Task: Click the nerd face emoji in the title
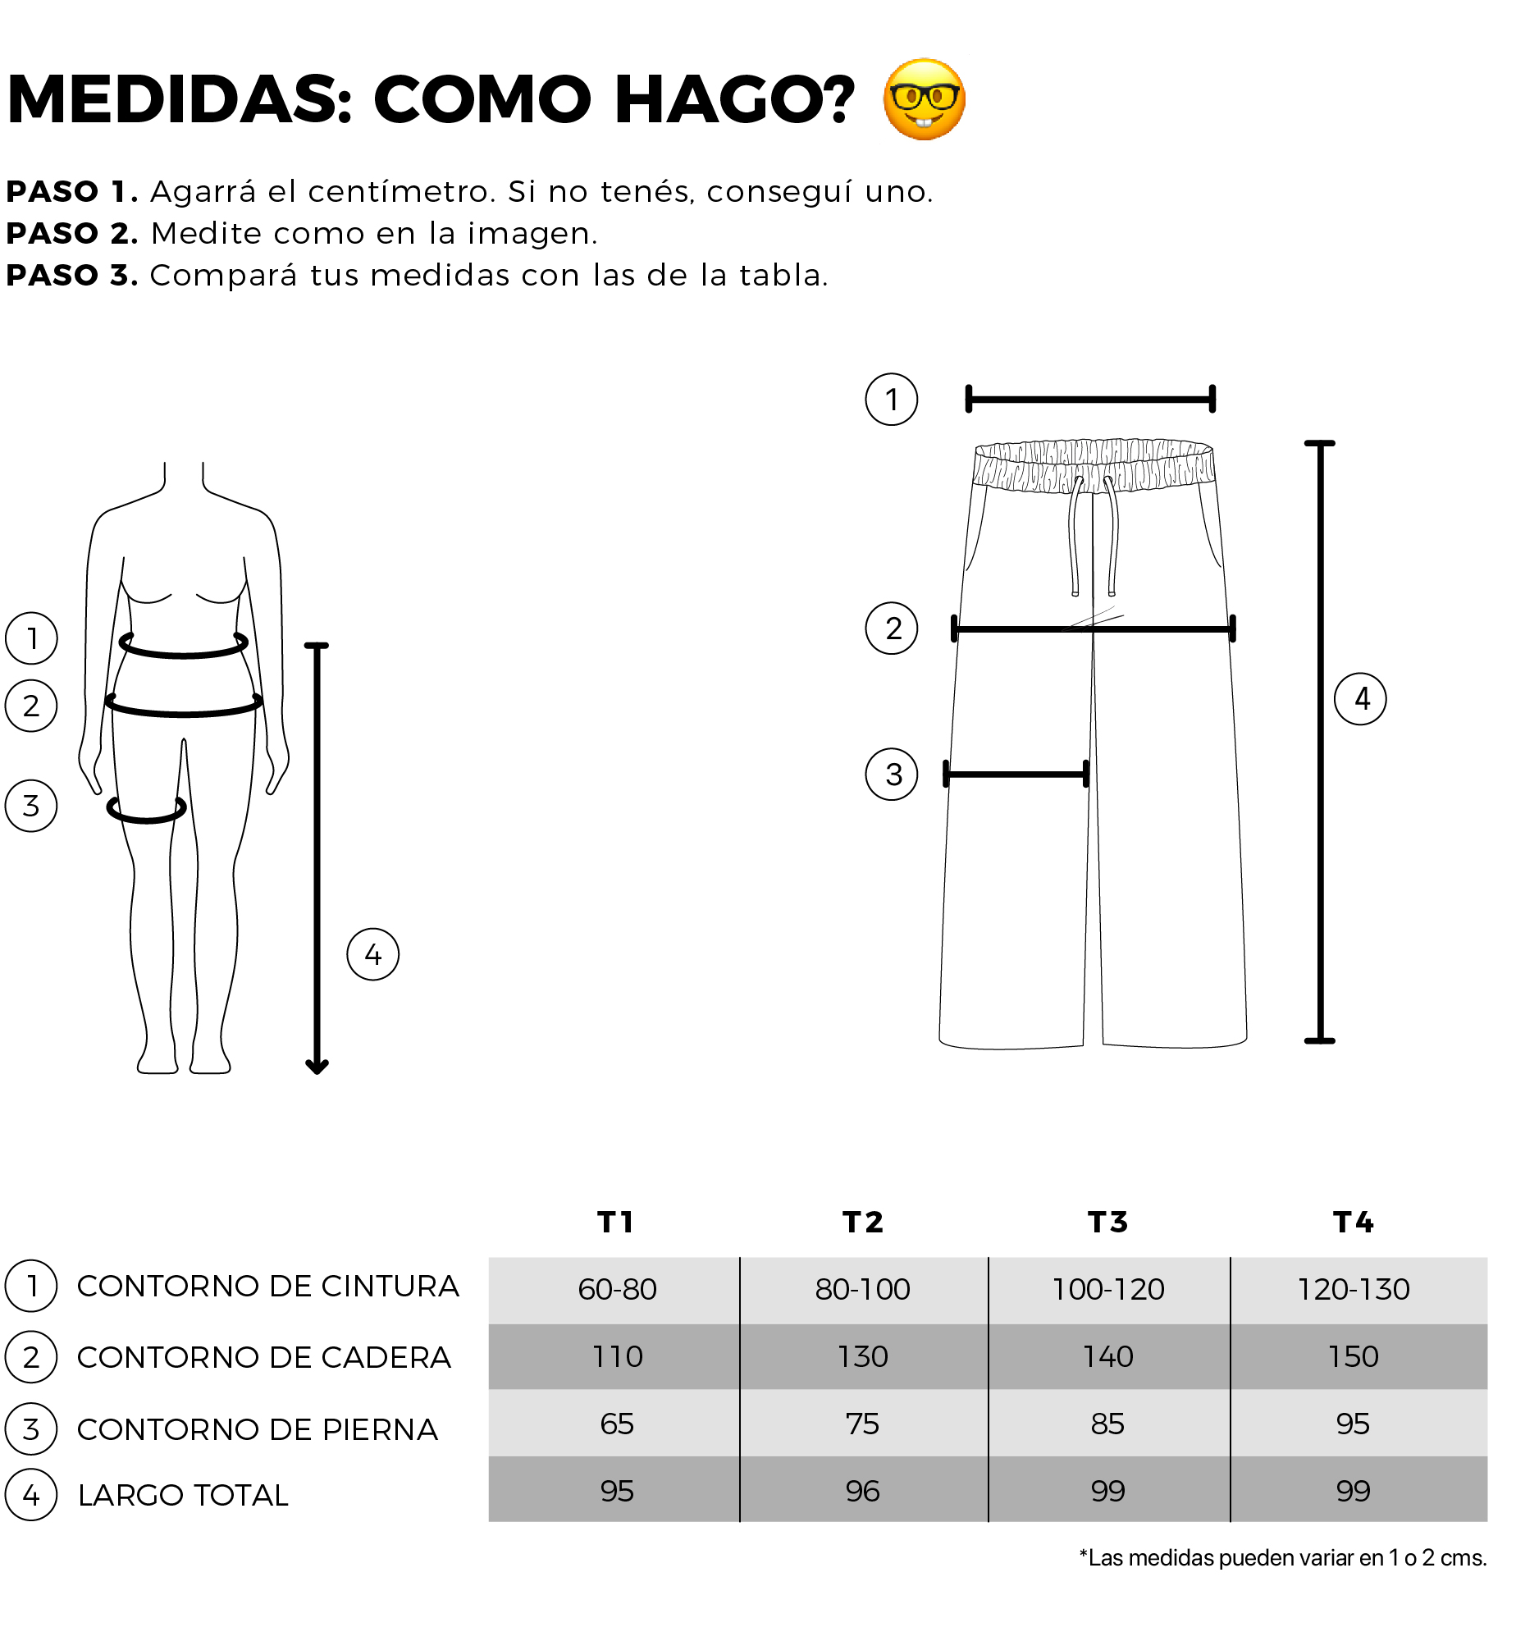tap(924, 99)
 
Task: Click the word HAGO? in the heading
tap(734, 99)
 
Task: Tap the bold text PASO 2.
tap(72, 234)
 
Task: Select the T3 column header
tap(1107, 1223)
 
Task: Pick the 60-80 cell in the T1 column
tap(617, 1289)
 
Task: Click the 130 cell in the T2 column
tap(862, 1356)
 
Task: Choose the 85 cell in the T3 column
tap(1107, 1424)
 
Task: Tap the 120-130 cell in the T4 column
tap(1354, 1289)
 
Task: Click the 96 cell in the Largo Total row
tap(862, 1491)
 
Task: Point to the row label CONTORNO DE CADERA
tap(264, 1357)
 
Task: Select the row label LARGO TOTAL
tap(183, 1495)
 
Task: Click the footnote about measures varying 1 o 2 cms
tap(1283, 1557)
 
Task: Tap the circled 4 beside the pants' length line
tap(1360, 699)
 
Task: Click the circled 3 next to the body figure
tap(31, 806)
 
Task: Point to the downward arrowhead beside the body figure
tap(317, 1065)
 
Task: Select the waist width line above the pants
tap(1090, 400)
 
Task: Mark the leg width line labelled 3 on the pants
tap(1016, 774)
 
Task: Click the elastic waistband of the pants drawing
tap(1094, 465)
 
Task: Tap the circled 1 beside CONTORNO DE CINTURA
tap(31, 1286)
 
